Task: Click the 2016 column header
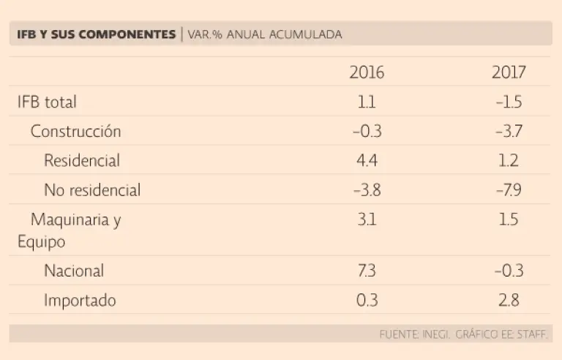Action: [x=367, y=72]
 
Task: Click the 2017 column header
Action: [x=509, y=72]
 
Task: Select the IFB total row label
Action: [x=47, y=102]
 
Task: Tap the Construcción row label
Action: [x=75, y=132]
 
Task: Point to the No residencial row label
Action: [x=92, y=190]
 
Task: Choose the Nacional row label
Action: [x=74, y=271]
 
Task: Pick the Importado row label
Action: [x=80, y=300]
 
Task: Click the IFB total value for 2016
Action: [x=367, y=102]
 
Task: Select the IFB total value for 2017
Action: [x=509, y=102]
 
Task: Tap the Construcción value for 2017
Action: [x=509, y=132]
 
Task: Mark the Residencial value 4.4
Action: [x=367, y=161]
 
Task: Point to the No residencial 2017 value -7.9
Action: [x=509, y=190]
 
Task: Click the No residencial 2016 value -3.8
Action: [x=367, y=190]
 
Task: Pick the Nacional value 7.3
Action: [x=367, y=271]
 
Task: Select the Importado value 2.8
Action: [x=509, y=300]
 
